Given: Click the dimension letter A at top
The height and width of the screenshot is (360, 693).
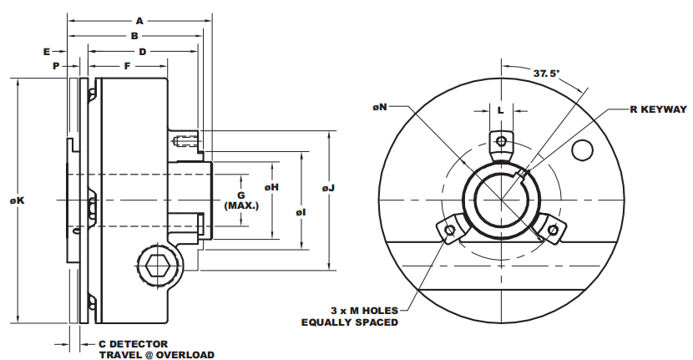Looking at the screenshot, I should (x=139, y=19).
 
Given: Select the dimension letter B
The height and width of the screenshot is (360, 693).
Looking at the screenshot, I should (x=134, y=36).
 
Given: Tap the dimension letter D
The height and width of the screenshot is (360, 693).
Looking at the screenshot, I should (x=143, y=51).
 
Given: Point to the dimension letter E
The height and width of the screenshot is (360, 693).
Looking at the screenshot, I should (x=47, y=51).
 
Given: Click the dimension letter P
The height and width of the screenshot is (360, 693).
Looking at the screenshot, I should (x=55, y=65).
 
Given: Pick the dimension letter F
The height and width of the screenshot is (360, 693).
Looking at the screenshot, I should (x=127, y=65).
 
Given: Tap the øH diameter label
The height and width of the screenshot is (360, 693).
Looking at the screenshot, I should (x=271, y=187).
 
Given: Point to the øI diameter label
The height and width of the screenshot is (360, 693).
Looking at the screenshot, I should (x=300, y=213).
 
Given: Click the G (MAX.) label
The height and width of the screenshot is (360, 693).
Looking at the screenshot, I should (x=241, y=200).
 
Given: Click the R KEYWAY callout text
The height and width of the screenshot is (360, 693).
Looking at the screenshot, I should (x=646, y=109).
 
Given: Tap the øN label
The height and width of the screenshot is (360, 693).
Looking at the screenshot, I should (x=380, y=107).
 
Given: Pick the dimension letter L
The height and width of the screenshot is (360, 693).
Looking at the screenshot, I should (x=500, y=109).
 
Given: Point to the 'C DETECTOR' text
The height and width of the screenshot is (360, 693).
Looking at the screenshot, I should (x=134, y=343).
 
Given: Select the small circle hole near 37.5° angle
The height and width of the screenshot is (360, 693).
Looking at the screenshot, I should (x=582, y=150).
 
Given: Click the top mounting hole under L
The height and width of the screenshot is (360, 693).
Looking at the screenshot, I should (x=500, y=140).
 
